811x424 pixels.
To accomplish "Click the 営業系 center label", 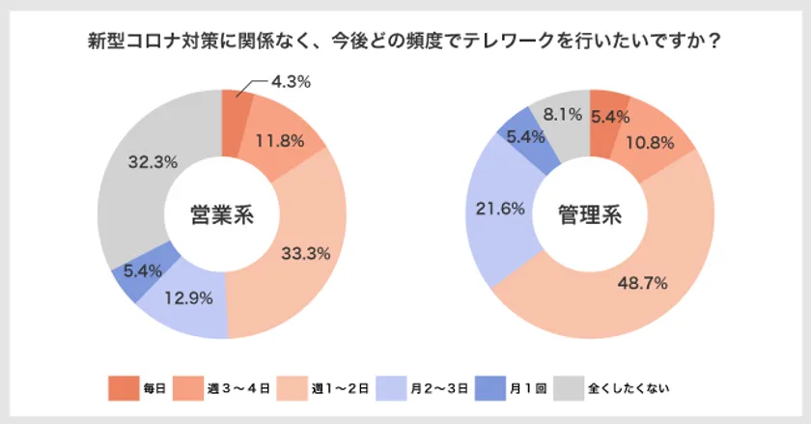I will tap(222, 214).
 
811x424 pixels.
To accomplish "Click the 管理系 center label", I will tap(589, 214).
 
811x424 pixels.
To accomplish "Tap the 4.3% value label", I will tap(290, 82).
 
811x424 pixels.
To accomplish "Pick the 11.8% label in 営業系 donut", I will tap(280, 141).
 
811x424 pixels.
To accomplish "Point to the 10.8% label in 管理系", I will tap(656, 143).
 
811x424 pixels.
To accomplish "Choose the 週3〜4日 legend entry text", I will tap(232, 388).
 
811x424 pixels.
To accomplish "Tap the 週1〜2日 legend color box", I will tap(291, 388).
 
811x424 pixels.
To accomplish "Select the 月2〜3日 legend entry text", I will tap(439, 388).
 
